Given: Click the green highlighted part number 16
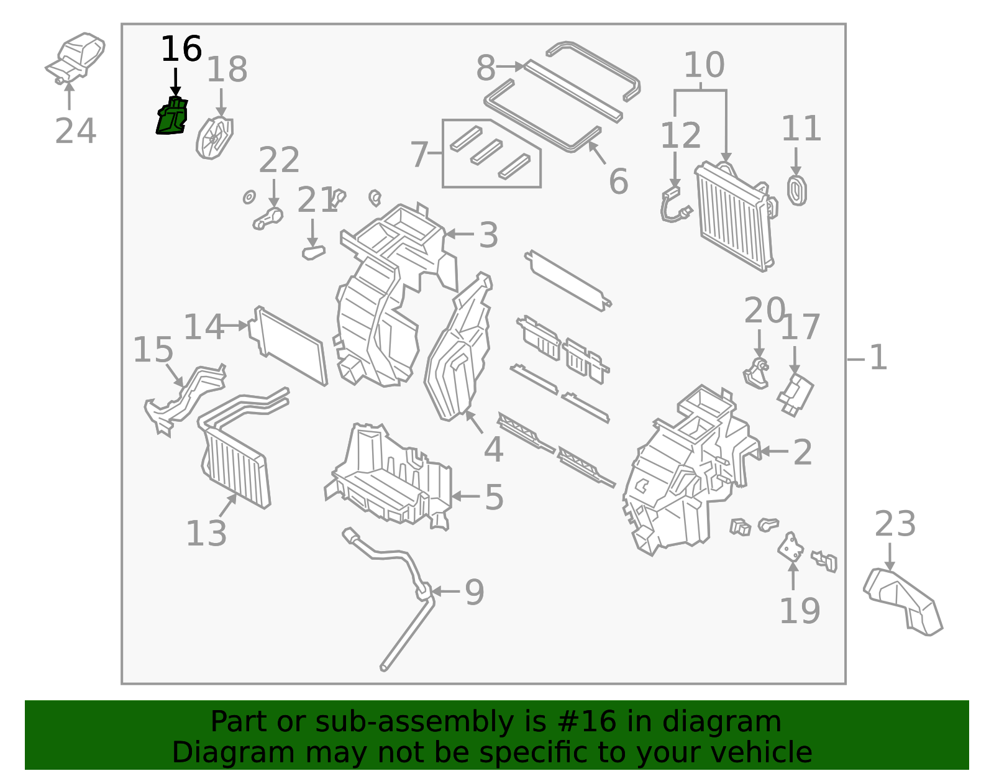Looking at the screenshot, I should (171, 117).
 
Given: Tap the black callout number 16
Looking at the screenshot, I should (181, 49).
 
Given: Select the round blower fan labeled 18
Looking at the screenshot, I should (214, 138).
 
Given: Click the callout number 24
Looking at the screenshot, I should (75, 131).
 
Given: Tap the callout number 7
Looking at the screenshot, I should (419, 154).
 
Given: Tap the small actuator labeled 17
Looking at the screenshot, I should (795, 393).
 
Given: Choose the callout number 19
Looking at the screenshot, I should (799, 611).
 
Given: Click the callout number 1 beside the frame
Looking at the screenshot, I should (877, 358).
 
